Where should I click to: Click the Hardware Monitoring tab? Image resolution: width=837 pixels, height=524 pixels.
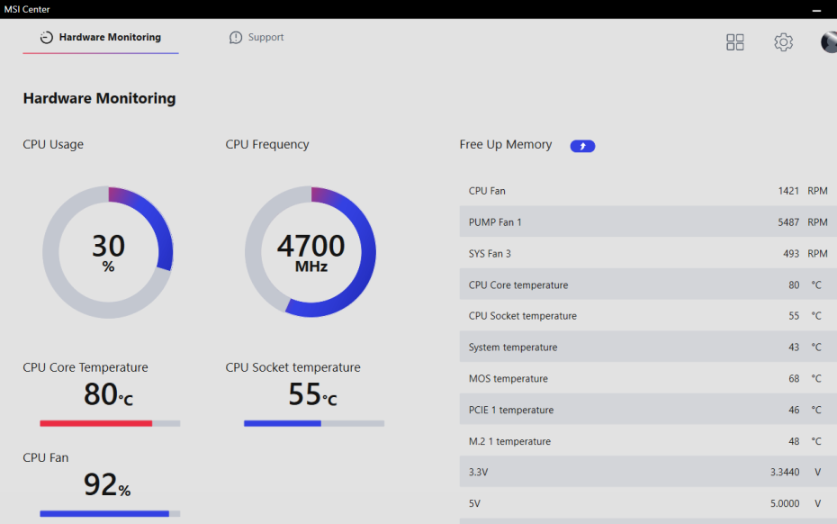101,38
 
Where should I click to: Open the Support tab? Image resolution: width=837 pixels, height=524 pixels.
256,38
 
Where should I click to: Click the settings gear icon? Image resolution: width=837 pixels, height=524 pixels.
784,42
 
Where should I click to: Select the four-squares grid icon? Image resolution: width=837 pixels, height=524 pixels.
735,42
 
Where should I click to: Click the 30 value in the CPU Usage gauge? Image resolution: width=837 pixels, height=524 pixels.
108,246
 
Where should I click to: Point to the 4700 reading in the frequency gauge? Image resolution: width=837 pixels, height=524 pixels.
310,246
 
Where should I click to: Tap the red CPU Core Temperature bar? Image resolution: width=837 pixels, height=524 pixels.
96,423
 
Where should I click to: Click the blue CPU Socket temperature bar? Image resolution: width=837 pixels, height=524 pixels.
283,423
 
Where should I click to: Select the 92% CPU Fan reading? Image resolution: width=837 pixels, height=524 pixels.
107,485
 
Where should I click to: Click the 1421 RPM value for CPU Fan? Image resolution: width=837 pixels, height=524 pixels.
788,191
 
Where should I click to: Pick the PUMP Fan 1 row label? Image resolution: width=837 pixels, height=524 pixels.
495,222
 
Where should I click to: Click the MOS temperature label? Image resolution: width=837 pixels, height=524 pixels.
508,379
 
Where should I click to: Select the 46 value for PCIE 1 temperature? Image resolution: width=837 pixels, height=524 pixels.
794,411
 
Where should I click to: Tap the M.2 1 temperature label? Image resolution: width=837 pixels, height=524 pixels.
509,442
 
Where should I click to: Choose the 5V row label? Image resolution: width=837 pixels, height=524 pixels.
474,504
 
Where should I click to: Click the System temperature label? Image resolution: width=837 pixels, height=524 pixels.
513,348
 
